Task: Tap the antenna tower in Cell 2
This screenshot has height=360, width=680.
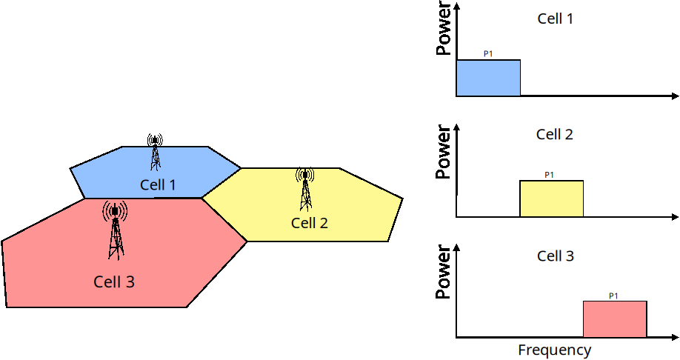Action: (x=305, y=189)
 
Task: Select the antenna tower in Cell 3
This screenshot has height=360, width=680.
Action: (x=115, y=230)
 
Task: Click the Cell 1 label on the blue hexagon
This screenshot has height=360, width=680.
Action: (x=158, y=184)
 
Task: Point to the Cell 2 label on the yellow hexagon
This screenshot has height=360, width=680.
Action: (x=309, y=223)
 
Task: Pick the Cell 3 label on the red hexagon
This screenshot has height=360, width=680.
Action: (x=114, y=281)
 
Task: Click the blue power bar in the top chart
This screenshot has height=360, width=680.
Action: (x=487, y=78)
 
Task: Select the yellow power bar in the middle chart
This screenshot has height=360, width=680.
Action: (x=551, y=199)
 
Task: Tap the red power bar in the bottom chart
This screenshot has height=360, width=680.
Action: (x=615, y=319)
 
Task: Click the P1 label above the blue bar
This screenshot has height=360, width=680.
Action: (x=488, y=54)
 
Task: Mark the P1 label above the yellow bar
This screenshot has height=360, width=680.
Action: (x=550, y=175)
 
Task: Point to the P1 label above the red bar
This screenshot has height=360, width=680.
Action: (x=613, y=296)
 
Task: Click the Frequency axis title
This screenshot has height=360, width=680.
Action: (x=555, y=350)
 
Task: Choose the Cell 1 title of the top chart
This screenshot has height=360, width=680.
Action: (x=555, y=19)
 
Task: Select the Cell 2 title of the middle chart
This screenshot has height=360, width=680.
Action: (x=555, y=135)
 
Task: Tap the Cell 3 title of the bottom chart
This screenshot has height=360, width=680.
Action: (x=555, y=256)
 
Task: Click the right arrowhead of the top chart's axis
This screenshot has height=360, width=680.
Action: (x=674, y=96)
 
